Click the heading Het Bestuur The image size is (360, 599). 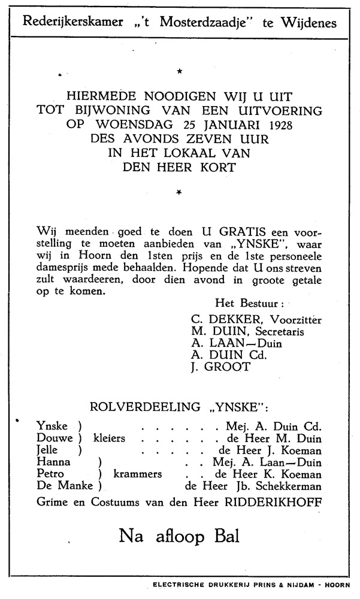249,305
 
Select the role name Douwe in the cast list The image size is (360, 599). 53,438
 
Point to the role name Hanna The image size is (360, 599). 54,462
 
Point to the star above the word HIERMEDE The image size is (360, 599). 179,72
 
